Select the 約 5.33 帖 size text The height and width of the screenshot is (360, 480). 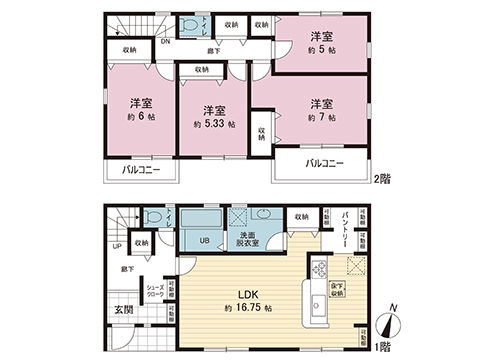click(213, 125)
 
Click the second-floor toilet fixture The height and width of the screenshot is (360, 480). click(188, 27)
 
